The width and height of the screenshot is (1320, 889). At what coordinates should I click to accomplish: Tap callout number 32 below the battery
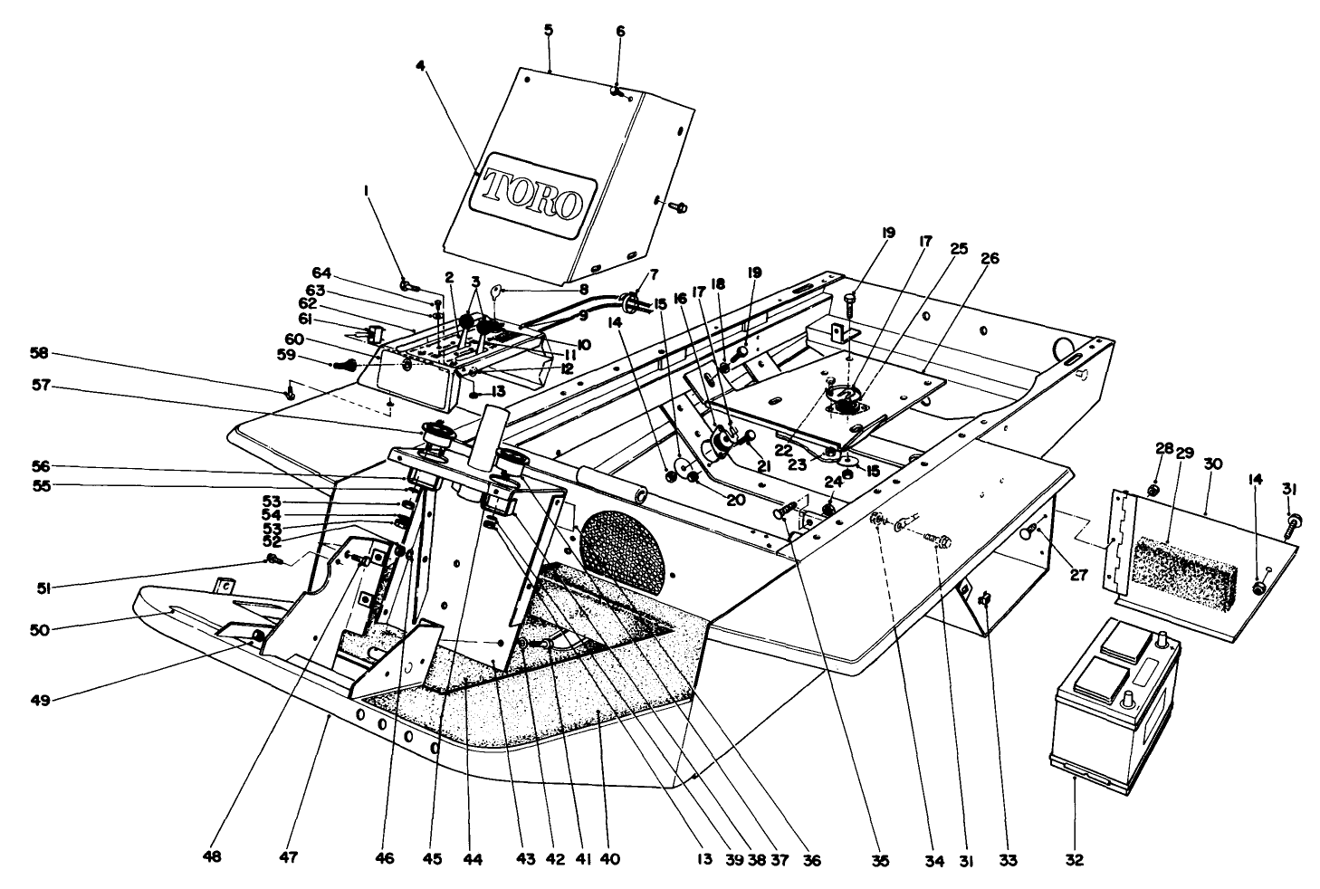pos(1074,858)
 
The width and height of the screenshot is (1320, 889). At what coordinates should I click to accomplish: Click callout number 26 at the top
pos(990,258)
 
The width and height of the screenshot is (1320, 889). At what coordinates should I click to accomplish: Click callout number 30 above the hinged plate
pos(1212,464)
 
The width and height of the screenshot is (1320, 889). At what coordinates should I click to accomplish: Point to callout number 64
pos(321,272)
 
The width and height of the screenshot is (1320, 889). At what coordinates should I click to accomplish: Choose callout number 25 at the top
pos(959,246)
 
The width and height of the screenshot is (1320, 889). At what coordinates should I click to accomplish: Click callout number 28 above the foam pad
pos(1163,449)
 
